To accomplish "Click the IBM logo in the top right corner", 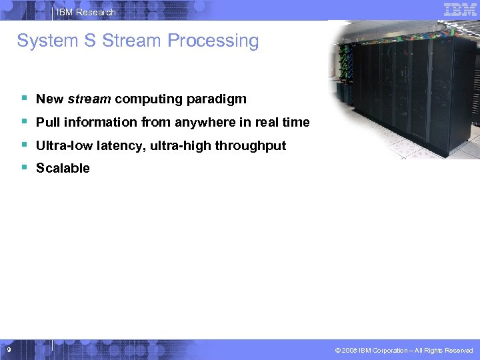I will (460, 9).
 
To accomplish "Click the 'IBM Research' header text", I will (86, 12).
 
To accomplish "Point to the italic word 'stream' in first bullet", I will (89, 99).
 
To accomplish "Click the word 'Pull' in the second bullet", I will (47, 123).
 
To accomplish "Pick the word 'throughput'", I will (250, 145).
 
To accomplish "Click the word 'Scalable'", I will (63, 169).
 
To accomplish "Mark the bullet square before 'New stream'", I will (23, 98).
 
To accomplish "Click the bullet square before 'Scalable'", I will (23, 167).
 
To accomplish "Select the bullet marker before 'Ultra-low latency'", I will (23, 144).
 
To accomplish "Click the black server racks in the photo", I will (413, 93).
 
